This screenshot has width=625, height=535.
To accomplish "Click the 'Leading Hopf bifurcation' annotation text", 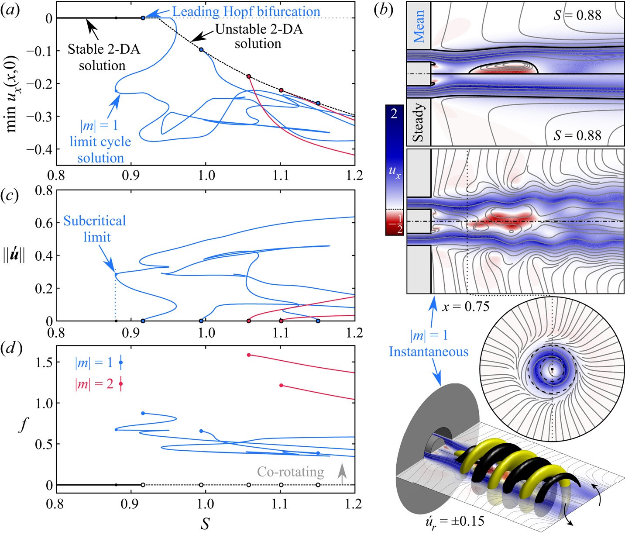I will click(246, 12).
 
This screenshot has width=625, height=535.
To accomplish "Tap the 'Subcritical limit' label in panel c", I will click(95, 229).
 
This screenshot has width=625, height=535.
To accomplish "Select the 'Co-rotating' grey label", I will click(290, 472).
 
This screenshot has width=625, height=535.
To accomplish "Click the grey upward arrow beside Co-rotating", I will click(342, 473).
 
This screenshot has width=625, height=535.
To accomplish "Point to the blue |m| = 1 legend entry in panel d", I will click(94, 362).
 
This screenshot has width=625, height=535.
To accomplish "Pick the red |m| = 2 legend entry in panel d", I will click(94, 384).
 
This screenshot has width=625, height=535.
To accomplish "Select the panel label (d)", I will click(11, 350).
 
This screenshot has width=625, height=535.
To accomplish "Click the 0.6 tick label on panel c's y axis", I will click(44, 223).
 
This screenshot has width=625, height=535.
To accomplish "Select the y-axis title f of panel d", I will click(23, 425).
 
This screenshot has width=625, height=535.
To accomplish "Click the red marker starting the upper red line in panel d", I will click(249, 355).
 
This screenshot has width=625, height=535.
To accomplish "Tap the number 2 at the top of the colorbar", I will click(394, 114).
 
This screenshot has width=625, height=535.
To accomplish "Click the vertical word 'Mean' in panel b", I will click(419, 27).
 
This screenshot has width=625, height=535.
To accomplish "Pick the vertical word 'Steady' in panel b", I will click(418, 122).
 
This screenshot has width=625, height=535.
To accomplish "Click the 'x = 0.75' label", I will click(465, 307).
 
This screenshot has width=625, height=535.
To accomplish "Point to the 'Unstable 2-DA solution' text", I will click(258, 36).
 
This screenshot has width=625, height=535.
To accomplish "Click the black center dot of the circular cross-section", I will click(552, 369).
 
